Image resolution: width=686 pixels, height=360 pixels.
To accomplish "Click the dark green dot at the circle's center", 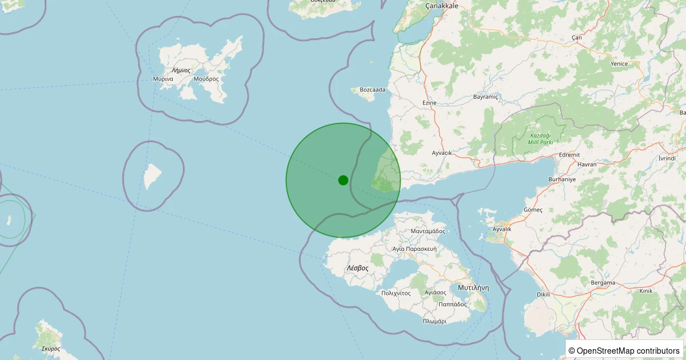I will pyautogui.click(x=343, y=180).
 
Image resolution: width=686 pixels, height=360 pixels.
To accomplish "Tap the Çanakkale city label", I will pyautogui.click(x=442, y=6).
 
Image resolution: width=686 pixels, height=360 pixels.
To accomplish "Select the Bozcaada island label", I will pyautogui.click(x=372, y=90).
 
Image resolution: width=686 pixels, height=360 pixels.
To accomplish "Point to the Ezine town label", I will pyautogui.click(x=429, y=103).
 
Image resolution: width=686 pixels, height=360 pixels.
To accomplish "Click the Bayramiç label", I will pyautogui.click(x=486, y=97).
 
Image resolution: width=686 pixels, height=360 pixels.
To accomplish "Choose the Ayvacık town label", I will pyautogui.click(x=442, y=153).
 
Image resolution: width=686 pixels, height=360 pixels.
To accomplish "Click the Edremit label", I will pyautogui.click(x=569, y=155).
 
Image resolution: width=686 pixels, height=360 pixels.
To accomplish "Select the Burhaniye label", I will pyautogui.click(x=563, y=179).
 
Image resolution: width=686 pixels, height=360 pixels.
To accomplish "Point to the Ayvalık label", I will pyautogui.click(x=501, y=229).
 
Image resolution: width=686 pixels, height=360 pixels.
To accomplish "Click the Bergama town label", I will pyautogui.click(x=604, y=283).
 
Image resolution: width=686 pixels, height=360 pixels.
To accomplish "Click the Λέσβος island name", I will pyautogui.click(x=357, y=267).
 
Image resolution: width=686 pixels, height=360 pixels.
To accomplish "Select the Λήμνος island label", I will pyautogui.click(x=181, y=70).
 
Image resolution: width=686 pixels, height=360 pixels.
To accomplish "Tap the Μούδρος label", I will pyautogui.click(x=206, y=79).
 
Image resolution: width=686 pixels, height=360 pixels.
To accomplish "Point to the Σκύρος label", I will pyautogui.click(x=51, y=349).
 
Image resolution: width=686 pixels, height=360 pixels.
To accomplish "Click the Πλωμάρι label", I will pyautogui.click(x=434, y=322).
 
